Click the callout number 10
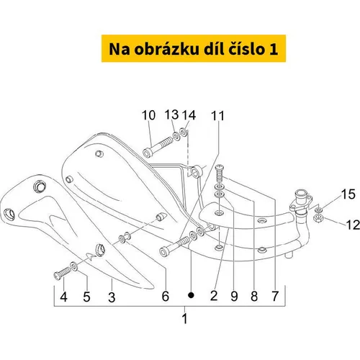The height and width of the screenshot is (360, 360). [148, 115]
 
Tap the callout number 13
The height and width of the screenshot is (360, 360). [171, 114]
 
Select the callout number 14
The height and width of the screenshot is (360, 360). [189, 115]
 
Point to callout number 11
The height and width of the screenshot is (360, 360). [217, 116]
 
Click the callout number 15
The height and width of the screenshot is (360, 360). [348, 194]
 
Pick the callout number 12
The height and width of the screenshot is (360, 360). [353, 225]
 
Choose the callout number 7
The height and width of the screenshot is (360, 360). [275, 296]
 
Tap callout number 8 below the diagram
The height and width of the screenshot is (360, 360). [254, 296]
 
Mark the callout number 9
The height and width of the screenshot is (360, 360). [234, 296]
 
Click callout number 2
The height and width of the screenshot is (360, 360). [214, 295]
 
